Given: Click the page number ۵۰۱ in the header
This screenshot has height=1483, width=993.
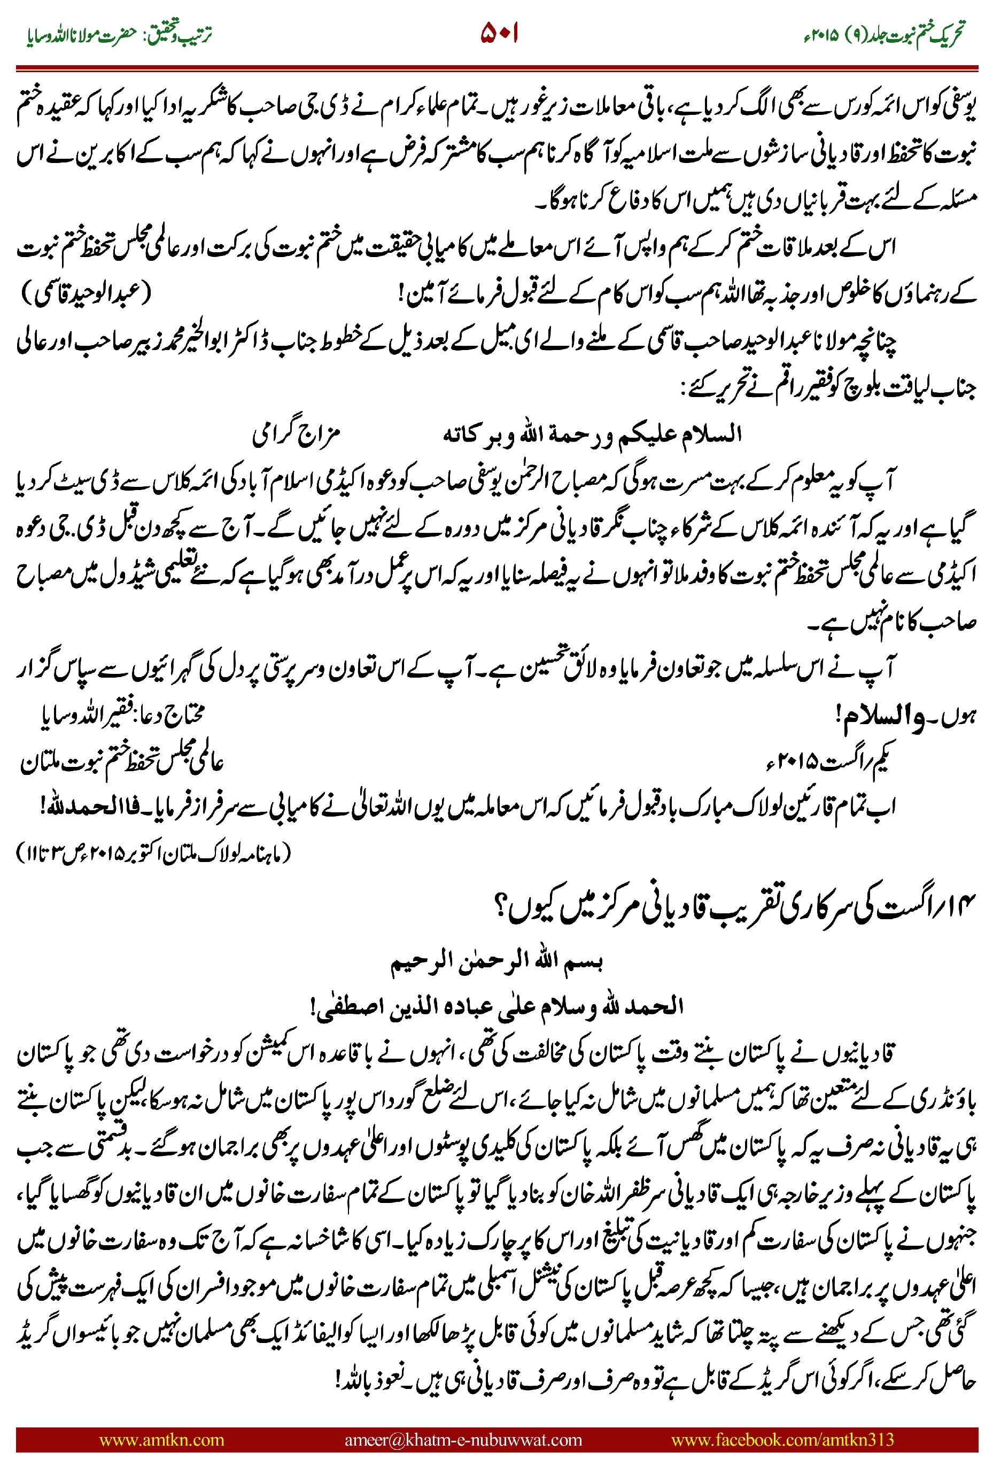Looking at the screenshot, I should pos(500,33).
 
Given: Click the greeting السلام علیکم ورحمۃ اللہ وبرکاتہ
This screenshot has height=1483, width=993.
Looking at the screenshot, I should pos(592,434).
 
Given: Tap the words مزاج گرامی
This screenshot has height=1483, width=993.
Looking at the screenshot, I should pos(297,434).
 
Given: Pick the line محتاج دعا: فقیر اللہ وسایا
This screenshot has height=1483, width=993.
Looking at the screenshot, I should pos(123,716).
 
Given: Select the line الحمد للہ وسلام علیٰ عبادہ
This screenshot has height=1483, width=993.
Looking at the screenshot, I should pos(497,1006).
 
